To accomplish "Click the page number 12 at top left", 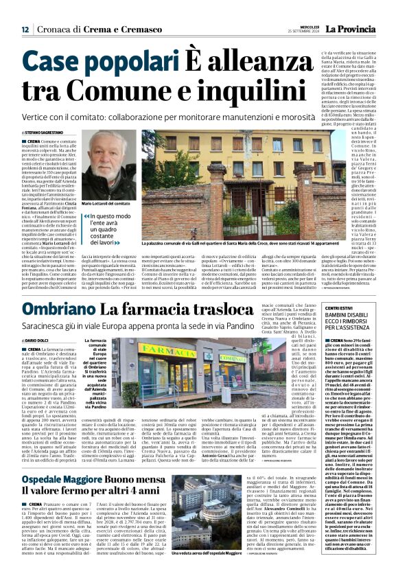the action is pos(25,30).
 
